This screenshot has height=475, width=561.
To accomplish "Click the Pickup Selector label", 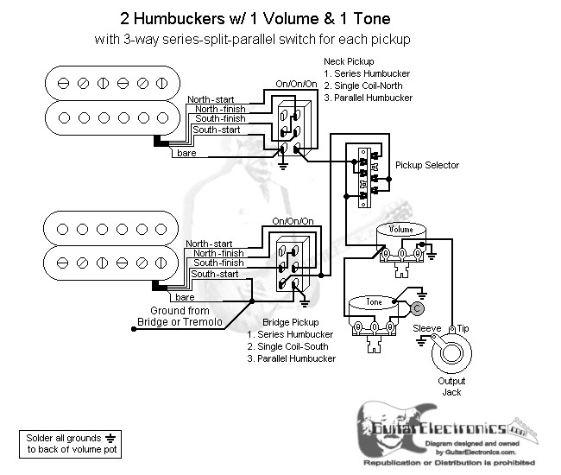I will point(426,165).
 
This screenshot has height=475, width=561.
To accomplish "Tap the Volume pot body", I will point(401,237).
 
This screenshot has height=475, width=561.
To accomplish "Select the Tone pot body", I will point(373,308).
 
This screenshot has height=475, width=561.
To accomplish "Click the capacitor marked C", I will point(416,307).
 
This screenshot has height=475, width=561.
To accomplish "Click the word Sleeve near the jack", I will point(426,329).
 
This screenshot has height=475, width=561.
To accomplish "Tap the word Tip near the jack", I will point(463,329).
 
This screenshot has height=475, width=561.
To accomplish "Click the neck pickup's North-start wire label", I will point(210,99).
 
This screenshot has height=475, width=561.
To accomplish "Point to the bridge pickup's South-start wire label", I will point(214,274).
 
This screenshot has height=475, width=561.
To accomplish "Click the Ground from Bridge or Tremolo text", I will point(180,316).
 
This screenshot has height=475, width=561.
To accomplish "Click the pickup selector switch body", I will point(362,176).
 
